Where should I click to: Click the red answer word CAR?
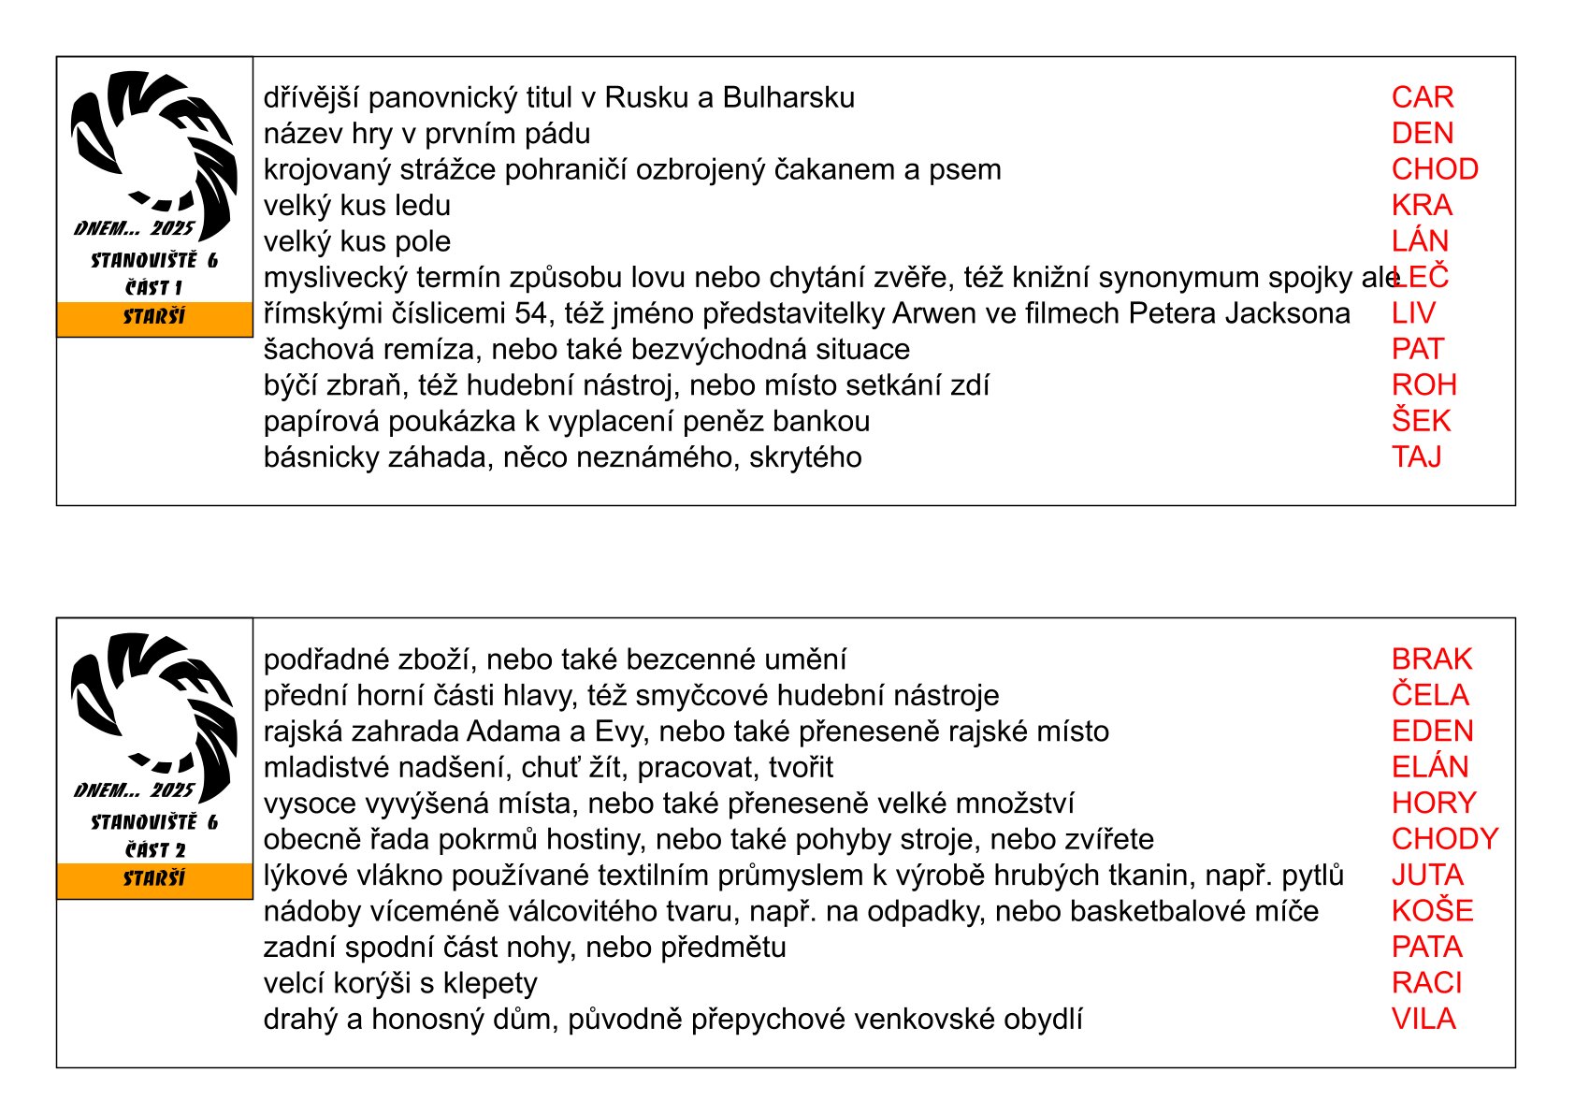[x=1422, y=97]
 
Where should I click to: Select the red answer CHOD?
[x=1435, y=169]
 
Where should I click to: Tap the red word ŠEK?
[x=1421, y=421]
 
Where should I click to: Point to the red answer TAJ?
[x=1416, y=457]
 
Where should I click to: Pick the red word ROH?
[x=1423, y=385]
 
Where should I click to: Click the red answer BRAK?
[x=1431, y=659]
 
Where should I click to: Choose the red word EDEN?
[x=1432, y=731]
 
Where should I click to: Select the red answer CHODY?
[x=1445, y=839]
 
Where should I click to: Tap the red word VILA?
[x=1423, y=1019]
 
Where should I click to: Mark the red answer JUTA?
[x=1427, y=876]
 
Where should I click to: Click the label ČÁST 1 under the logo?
[x=154, y=288]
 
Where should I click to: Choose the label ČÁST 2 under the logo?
[x=155, y=850]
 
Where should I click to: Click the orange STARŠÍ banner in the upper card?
[x=154, y=318]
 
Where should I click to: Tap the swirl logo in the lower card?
[x=154, y=706]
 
